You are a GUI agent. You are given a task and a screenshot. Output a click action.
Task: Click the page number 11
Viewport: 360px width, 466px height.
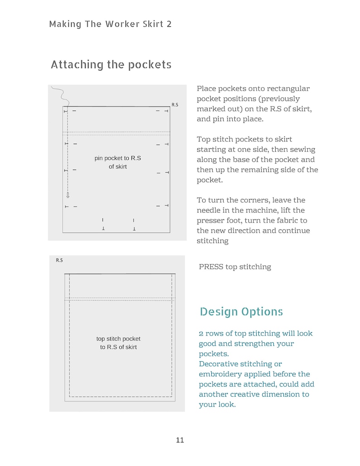180,440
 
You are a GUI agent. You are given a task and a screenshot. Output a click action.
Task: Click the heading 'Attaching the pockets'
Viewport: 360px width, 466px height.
111,65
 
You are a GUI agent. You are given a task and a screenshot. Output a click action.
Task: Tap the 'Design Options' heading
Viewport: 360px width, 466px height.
241,312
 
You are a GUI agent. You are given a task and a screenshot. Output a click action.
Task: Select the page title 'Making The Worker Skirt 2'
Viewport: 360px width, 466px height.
110,24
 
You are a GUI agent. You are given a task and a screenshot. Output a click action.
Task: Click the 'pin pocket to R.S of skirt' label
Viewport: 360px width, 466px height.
118,162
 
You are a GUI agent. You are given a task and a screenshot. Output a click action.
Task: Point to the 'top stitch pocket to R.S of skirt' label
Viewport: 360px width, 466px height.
118,343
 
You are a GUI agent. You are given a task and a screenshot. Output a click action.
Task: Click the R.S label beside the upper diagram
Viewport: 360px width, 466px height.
175,105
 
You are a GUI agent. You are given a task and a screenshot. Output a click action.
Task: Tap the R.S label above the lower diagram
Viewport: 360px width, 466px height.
59,260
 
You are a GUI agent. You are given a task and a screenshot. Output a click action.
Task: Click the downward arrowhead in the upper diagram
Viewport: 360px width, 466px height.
68,195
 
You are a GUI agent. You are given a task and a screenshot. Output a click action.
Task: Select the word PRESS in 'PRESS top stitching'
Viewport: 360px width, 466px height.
211,267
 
